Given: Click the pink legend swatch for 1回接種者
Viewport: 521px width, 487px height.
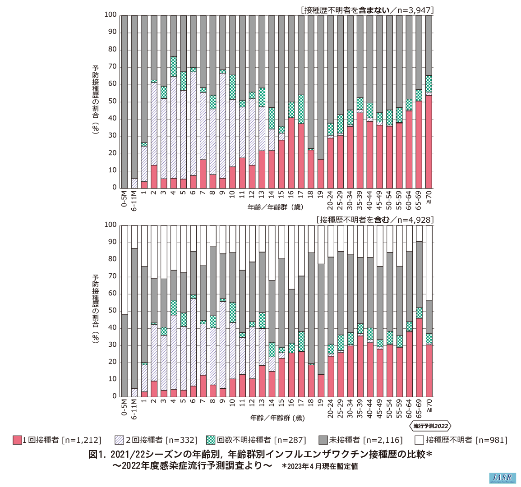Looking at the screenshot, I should tap(17, 440).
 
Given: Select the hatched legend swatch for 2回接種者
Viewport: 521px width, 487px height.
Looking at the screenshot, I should tap(120, 440).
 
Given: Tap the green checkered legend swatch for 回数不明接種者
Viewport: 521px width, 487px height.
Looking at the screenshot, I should tap(211, 440).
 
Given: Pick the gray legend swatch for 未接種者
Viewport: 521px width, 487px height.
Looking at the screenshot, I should tap(323, 440).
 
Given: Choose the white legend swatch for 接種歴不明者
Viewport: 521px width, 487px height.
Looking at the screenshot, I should tap(419, 440).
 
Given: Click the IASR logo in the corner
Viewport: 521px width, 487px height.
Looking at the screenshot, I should tap(502, 478).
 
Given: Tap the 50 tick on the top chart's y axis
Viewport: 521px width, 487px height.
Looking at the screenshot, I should tap(112, 101).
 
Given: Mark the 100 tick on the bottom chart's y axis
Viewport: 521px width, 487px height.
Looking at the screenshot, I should tap(111, 225).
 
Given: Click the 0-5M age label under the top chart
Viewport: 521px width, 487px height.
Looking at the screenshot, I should tap(124, 199).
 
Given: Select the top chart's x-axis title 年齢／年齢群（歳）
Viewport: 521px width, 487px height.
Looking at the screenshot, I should tap(276, 207).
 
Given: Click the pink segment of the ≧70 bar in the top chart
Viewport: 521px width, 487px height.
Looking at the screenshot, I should tap(429, 142).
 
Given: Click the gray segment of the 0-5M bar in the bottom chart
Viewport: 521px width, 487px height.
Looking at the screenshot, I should tap(124, 356).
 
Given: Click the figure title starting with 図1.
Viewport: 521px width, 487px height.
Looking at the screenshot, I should tap(260, 455).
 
